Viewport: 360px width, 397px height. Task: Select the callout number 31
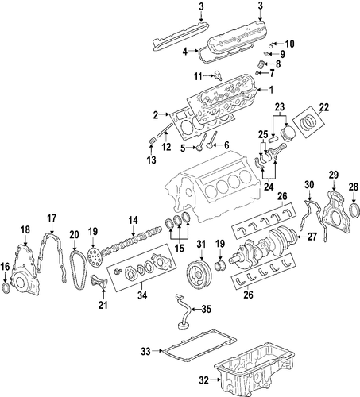coord(201,244)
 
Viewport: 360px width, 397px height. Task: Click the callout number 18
coord(25,230)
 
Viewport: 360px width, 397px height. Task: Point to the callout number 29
coord(334,175)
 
